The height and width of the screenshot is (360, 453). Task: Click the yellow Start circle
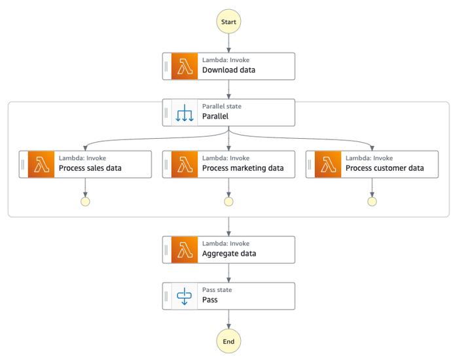click(x=228, y=22)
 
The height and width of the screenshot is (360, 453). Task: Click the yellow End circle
click(x=228, y=341)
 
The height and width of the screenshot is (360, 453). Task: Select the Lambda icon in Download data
click(x=184, y=66)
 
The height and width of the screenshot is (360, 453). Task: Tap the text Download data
click(x=228, y=70)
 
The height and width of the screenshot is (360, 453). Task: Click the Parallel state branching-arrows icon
click(x=184, y=113)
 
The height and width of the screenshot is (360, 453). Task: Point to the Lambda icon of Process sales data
click(x=41, y=164)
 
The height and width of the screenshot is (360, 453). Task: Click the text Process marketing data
click(x=243, y=168)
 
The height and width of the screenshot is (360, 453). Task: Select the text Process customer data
click(x=384, y=168)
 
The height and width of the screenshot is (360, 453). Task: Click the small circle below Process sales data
click(x=85, y=202)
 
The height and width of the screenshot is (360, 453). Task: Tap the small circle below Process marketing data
click(x=228, y=202)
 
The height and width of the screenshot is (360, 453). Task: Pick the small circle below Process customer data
click(x=372, y=202)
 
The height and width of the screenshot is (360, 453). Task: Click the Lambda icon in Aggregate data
click(x=184, y=249)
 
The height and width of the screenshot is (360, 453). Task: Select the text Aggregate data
click(x=229, y=254)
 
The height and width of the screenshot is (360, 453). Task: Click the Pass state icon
click(x=184, y=296)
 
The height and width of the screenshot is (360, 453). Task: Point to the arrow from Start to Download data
click(x=228, y=43)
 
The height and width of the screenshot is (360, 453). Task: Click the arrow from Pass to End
click(x=228, y=319)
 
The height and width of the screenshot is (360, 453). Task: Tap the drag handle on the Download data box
click(x=166, y=66)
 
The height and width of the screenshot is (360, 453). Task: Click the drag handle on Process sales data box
click(x=23, y=164)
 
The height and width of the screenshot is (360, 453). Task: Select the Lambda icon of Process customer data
click(x=327, y=164)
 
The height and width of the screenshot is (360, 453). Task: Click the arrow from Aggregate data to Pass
click(x=228, y=273)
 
